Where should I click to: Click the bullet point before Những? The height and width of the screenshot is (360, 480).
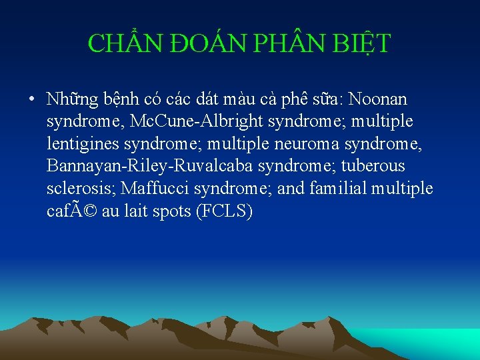[32, 100]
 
